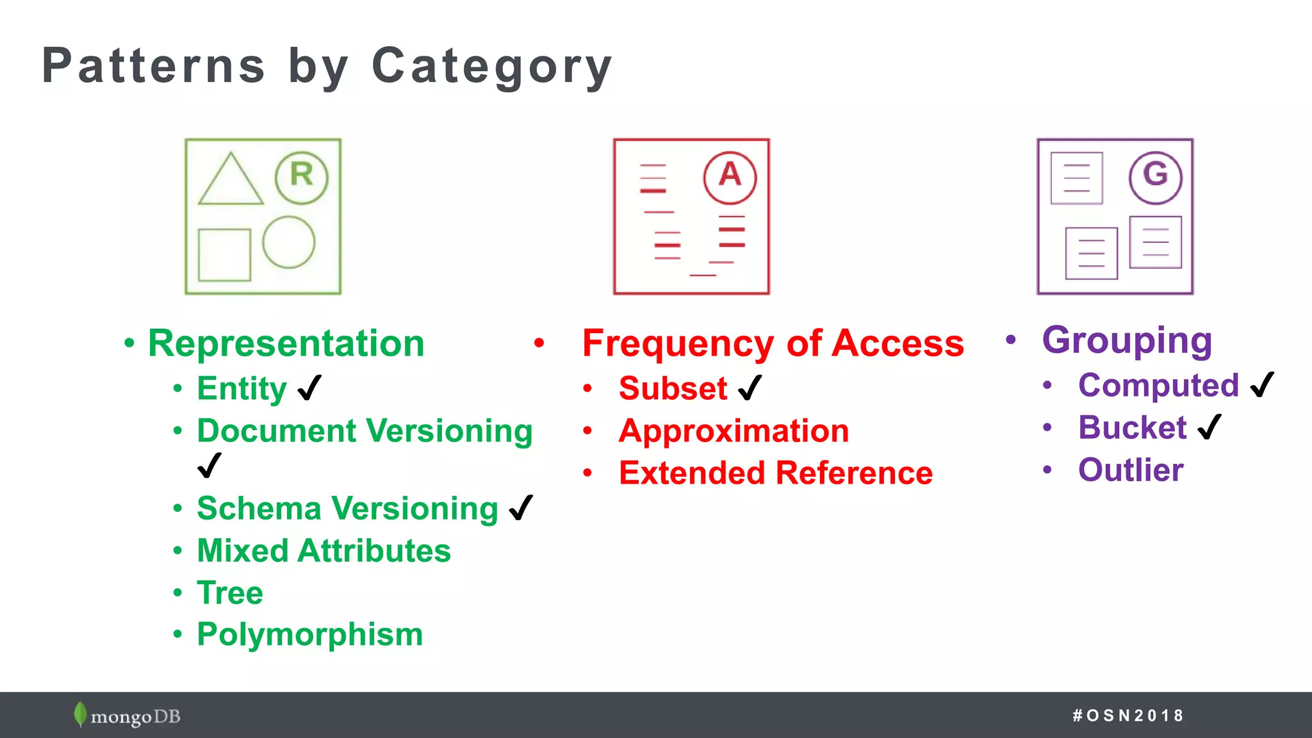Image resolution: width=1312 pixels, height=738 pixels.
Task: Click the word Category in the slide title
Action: click(492, 66)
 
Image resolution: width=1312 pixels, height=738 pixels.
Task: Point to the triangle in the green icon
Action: click(231, 183)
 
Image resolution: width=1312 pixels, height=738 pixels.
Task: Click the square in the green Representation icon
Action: click(224, 254)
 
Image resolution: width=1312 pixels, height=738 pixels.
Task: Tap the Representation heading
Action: click(286, 343)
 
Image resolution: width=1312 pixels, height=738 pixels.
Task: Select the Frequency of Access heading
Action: click(773, 343)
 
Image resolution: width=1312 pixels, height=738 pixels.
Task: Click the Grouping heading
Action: click(1127, 340)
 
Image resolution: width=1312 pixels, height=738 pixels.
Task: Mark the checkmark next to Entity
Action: click(309, 388)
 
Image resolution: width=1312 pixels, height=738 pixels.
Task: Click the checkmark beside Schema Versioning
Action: click(521, 508)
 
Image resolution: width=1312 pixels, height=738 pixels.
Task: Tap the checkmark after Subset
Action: click(750, 388)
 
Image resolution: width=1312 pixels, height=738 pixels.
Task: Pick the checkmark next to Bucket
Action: click(1209, 427)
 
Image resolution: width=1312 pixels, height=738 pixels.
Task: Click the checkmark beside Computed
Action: click(1261, 384)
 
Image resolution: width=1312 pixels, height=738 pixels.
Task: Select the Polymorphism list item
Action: click(309, 634)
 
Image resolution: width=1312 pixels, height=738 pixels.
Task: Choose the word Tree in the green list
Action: click(229, 593)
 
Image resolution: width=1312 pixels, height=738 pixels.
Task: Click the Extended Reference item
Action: click(775, 473)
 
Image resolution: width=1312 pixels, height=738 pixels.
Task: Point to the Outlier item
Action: click(1130, 470)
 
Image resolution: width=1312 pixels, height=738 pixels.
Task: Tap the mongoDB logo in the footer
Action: click(127, 715)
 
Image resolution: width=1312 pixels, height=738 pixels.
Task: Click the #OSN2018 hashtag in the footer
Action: click(1127, 715)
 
